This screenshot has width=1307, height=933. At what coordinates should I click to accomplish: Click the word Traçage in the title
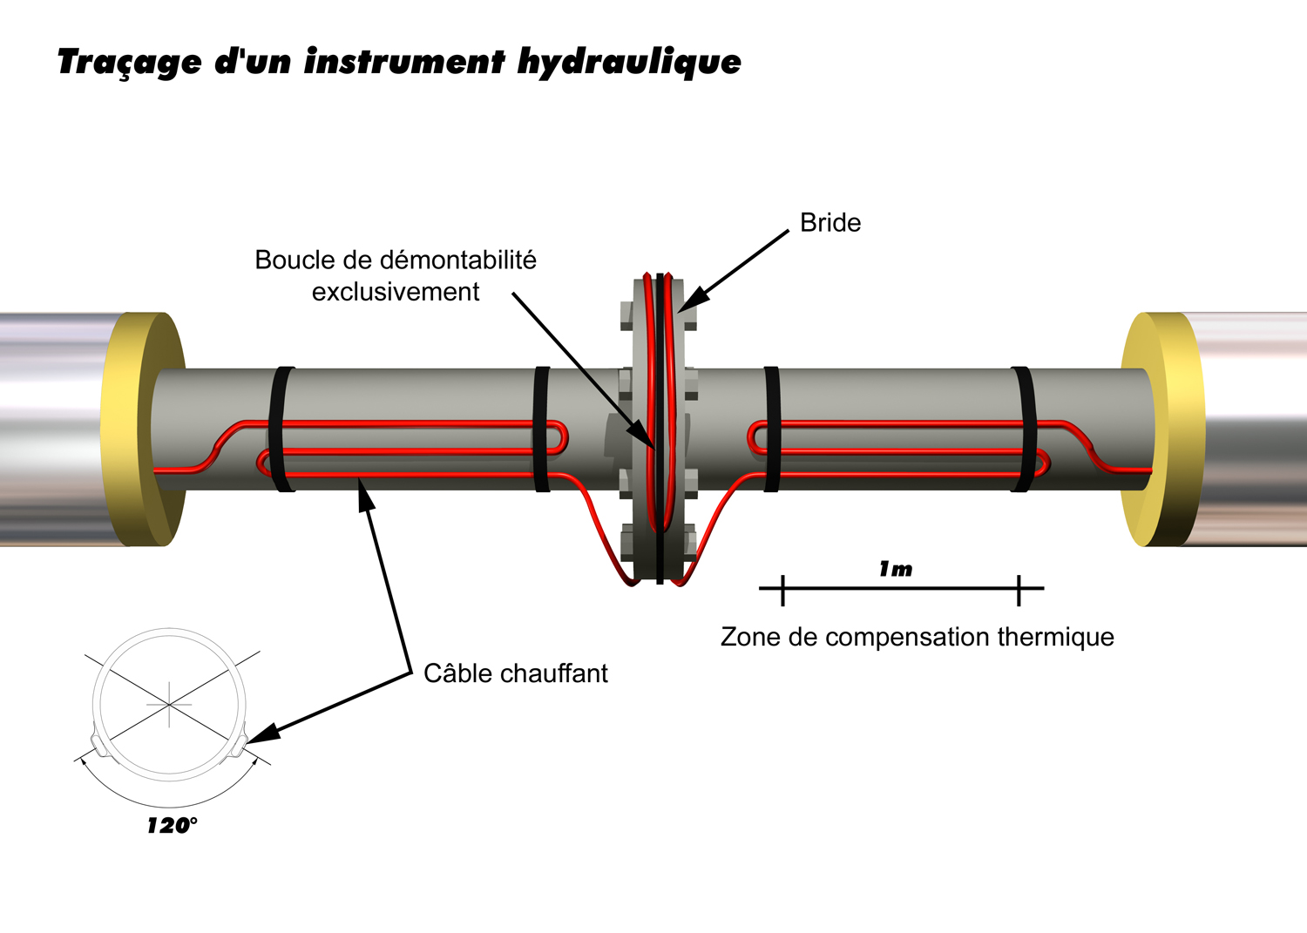pyautogui.click(x=129, y=63)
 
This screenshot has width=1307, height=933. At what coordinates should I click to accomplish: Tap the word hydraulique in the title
pyautogui.click(x=628, y=63)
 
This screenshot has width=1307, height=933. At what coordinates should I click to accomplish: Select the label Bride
pyautogui.click(x=830, y=223)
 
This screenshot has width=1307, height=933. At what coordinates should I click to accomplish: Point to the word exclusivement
pyautogui.click(x=396, y=292)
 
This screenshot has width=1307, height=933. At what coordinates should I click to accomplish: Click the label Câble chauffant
pyautogui.click(x=515, y=673)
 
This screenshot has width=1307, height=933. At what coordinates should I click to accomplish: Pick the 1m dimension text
pyautogui.click(x=896, y=570)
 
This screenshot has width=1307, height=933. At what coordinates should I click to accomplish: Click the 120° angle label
pyautogui.click(x=172, y=826)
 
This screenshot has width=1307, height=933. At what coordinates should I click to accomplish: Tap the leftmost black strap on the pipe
pyautogui.click(x=282, y=429)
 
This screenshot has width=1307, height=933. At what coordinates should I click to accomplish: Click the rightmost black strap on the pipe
pyautogui.click(x=1023, y=429)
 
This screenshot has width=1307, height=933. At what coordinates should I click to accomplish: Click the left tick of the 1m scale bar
pyautogui.click(x=782, y=590)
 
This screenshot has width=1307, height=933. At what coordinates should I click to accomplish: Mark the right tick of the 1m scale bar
pyautogui.click(x=1019, y=590)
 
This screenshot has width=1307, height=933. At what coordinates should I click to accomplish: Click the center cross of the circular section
pyautogui.click(x=169, y=703)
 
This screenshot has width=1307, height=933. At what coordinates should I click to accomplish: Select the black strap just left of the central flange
pyautogui.click(x=541, y=429)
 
